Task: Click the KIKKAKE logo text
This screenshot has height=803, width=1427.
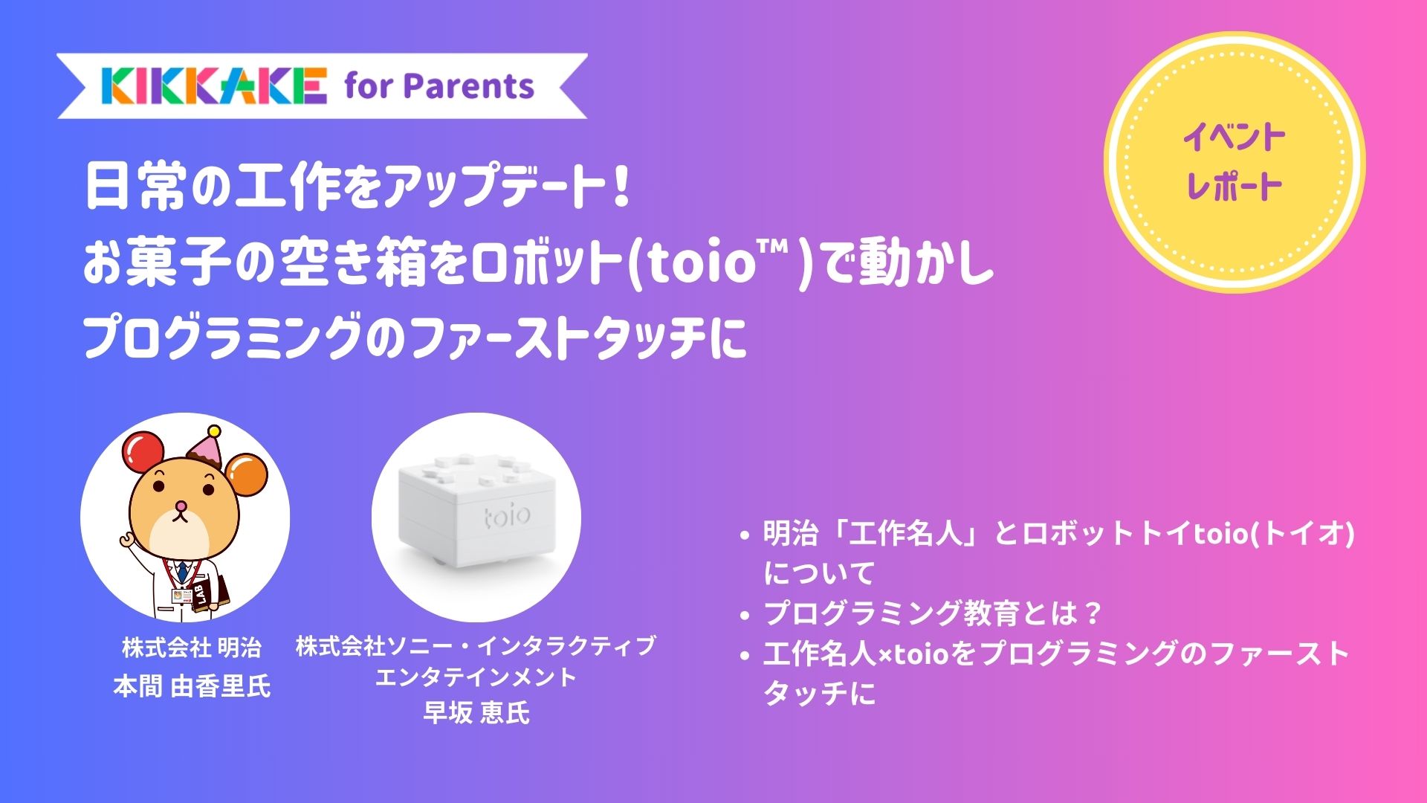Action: (x=214, y=86)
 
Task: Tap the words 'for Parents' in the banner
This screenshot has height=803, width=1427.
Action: (x=439, y=86)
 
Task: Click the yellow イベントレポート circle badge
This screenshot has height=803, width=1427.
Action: (x=1234, y=162)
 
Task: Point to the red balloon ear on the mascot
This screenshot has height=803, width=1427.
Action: (x=143, y=453)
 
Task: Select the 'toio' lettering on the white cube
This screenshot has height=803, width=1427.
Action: (x=507, y=515)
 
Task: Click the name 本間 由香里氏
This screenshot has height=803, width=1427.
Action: (x=192, y=686)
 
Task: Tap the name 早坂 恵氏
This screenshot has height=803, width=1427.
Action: (x=476, y=712)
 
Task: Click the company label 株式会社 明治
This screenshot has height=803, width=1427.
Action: (x=192, y=648)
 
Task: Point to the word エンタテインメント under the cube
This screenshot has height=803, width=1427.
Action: (x=476, y=677)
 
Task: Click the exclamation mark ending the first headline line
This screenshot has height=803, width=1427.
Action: (x=623, y=187)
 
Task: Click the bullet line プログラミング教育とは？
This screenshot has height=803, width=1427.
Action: (x=932, y=613)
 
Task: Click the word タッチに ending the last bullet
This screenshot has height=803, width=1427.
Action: (x=819, y=693)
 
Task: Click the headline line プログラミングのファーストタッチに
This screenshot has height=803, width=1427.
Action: (x=415, y=338)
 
